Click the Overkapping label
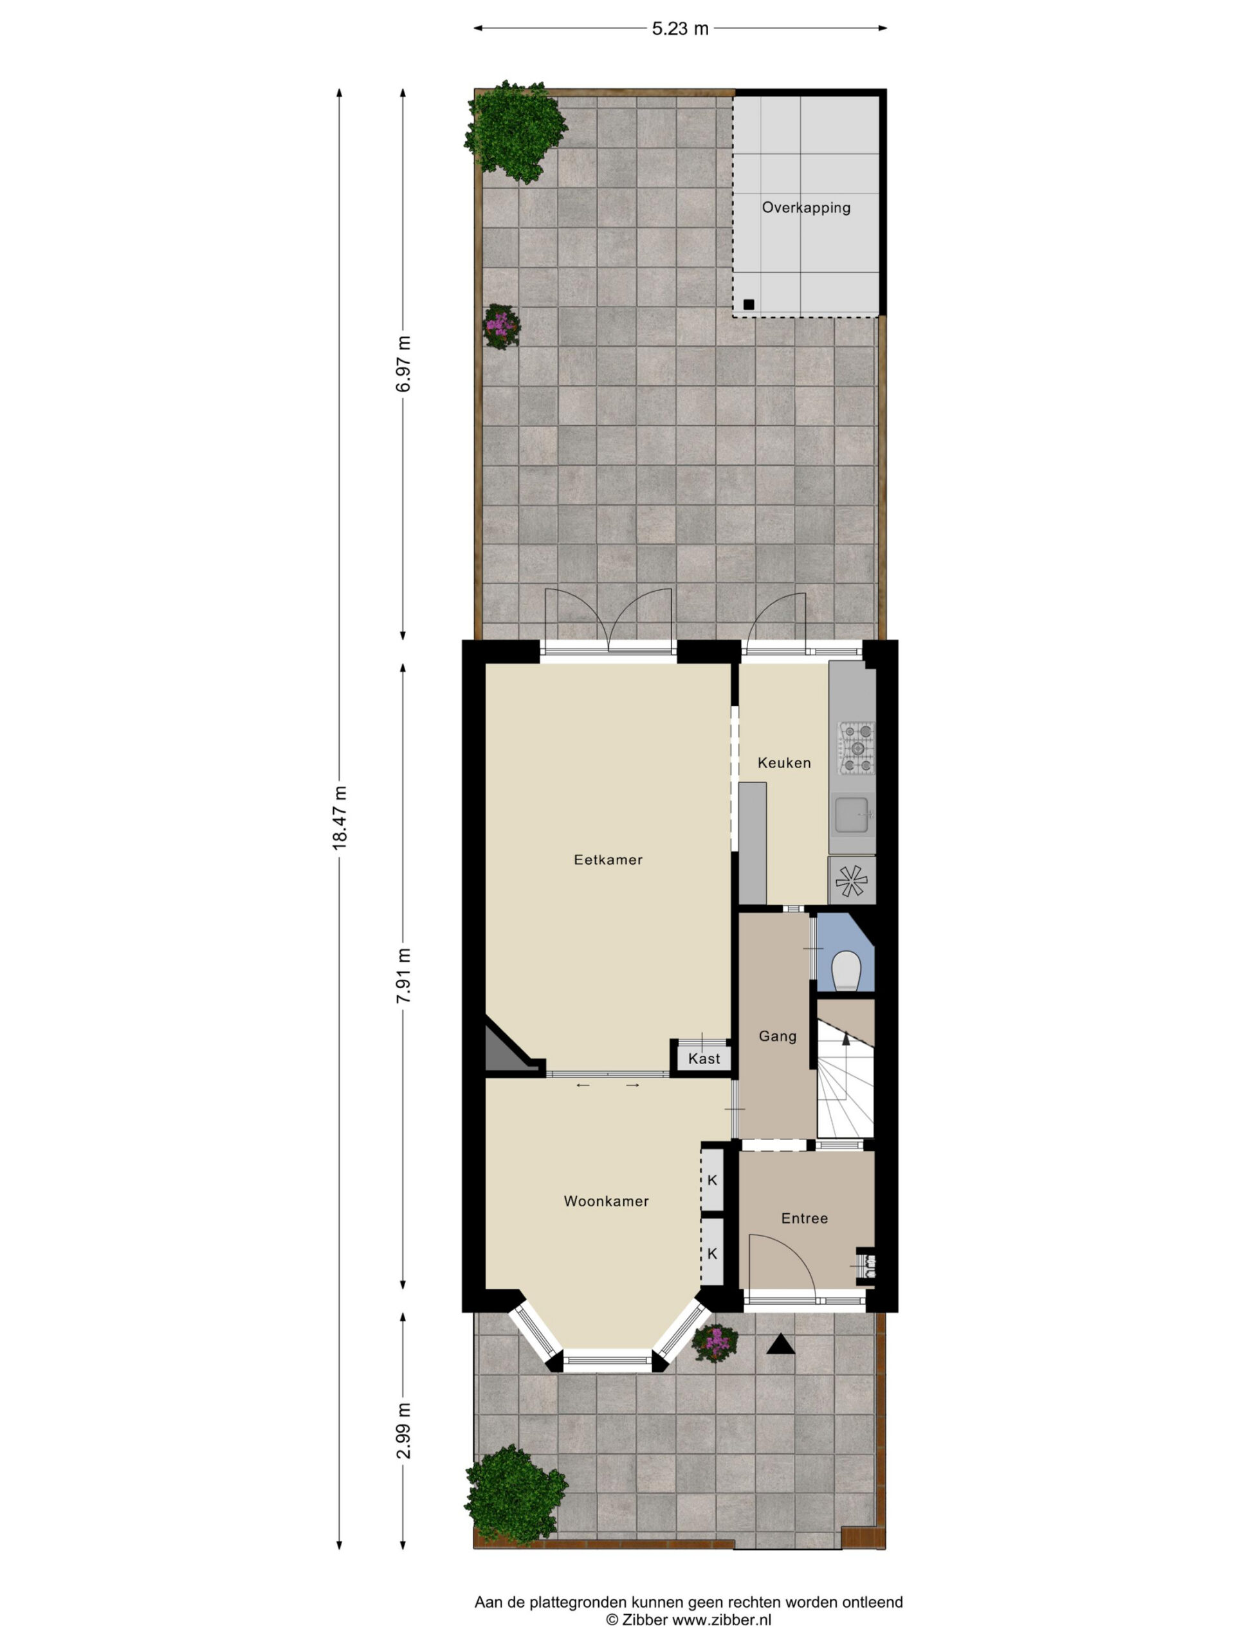(x=805, y=208)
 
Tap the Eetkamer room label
(x=607, y=860)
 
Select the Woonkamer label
(x=606, y=1201)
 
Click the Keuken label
(x=784, y=762)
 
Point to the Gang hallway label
(x=777, y=1036)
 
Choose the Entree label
(x=804, y=1218)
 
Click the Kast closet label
(x=704, y=1059)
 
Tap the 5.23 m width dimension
(x=681, y=29)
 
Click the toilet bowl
(x=846, y=970)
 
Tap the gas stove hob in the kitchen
(x=857, y=748)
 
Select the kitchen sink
(x=852, y=814)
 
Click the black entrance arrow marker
(x=780, y=1344)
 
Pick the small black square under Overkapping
(x=748, y=304)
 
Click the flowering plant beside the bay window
(x=715, y=1343)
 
